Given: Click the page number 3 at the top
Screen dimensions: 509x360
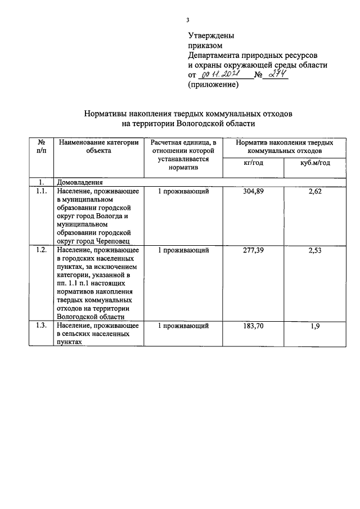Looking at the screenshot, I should click(188, 21).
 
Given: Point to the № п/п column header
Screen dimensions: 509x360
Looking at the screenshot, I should click(41, 147).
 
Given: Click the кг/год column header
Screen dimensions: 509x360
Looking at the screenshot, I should click(253, 163).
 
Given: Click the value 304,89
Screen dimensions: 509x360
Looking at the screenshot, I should click(253, 192).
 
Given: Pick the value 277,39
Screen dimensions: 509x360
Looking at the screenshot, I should click(253, 250).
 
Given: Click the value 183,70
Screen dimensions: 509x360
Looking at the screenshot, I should click(253, 326).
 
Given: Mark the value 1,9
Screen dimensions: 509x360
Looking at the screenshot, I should click(315, 326).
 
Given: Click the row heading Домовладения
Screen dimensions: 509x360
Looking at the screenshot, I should click(80, 182).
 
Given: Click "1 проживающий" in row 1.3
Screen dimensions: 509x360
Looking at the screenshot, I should click(183, 326).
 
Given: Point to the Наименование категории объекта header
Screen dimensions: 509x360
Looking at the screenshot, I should click(98, 147).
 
